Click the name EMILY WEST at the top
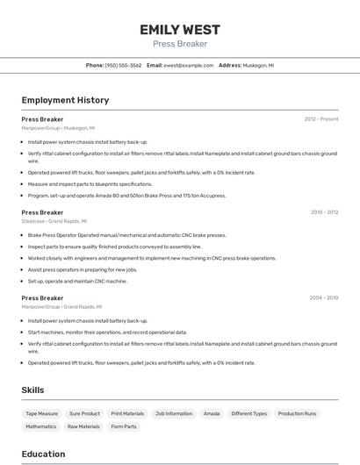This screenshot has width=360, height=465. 180,30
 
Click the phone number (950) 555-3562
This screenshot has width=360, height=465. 123,65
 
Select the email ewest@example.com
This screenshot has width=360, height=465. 188,65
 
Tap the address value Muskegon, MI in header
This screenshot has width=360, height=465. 259,65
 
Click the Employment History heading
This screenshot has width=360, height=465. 65,100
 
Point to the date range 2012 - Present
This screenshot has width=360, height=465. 321,119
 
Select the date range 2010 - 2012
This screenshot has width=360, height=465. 324,212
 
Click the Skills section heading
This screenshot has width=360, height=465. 32,390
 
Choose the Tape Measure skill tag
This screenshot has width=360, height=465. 41,413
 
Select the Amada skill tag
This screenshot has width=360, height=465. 212,413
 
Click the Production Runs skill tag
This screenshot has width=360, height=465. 297,413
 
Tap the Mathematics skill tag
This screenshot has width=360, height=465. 40,426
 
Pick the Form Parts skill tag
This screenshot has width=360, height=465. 124,426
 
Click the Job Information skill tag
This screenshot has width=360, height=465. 173,413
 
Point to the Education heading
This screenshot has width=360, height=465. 43,454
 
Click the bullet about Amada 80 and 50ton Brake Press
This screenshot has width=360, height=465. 126,196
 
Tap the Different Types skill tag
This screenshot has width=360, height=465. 248,413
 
